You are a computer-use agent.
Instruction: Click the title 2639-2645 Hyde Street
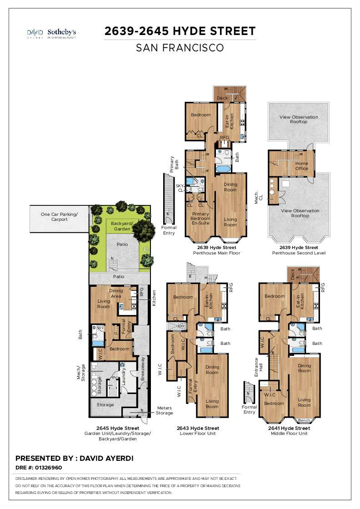(x=180, y=31)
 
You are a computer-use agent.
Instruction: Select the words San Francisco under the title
(x=180, y=48)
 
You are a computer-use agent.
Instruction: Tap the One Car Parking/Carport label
(x=59, y=216)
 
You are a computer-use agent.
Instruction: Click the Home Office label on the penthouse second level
(x=302, y=166)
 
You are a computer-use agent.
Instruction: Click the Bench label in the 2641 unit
(x=304, y=420)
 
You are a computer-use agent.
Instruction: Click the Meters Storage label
(x=165, y=410)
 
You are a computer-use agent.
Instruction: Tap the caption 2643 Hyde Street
(x=198, y=428)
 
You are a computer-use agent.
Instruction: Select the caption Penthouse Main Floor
(x=216, y=253)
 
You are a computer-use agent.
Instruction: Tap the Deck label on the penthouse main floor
(x=222, y=98)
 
